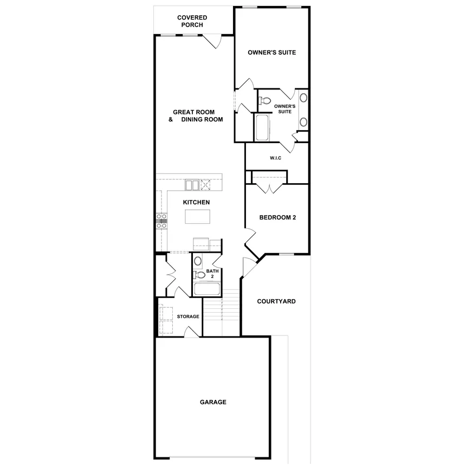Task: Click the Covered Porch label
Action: click(x=192, y=21)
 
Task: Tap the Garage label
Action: click(x=213, y=402)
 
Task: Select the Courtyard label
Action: click(x=276, y=301)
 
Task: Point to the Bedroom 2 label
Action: click(x=277, y=218)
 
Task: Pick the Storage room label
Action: click(x=188, y=316)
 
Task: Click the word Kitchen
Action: click(x=196, y=202)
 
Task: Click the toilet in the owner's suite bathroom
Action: click(x=265, y=101)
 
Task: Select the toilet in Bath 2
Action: click(x=199, y=276)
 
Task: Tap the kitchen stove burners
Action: click(x=161, y=219)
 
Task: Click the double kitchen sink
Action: click(x=192, y=185)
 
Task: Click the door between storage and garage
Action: click(x=191, y=331)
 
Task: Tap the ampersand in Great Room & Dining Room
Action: click(x=171, y=119)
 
